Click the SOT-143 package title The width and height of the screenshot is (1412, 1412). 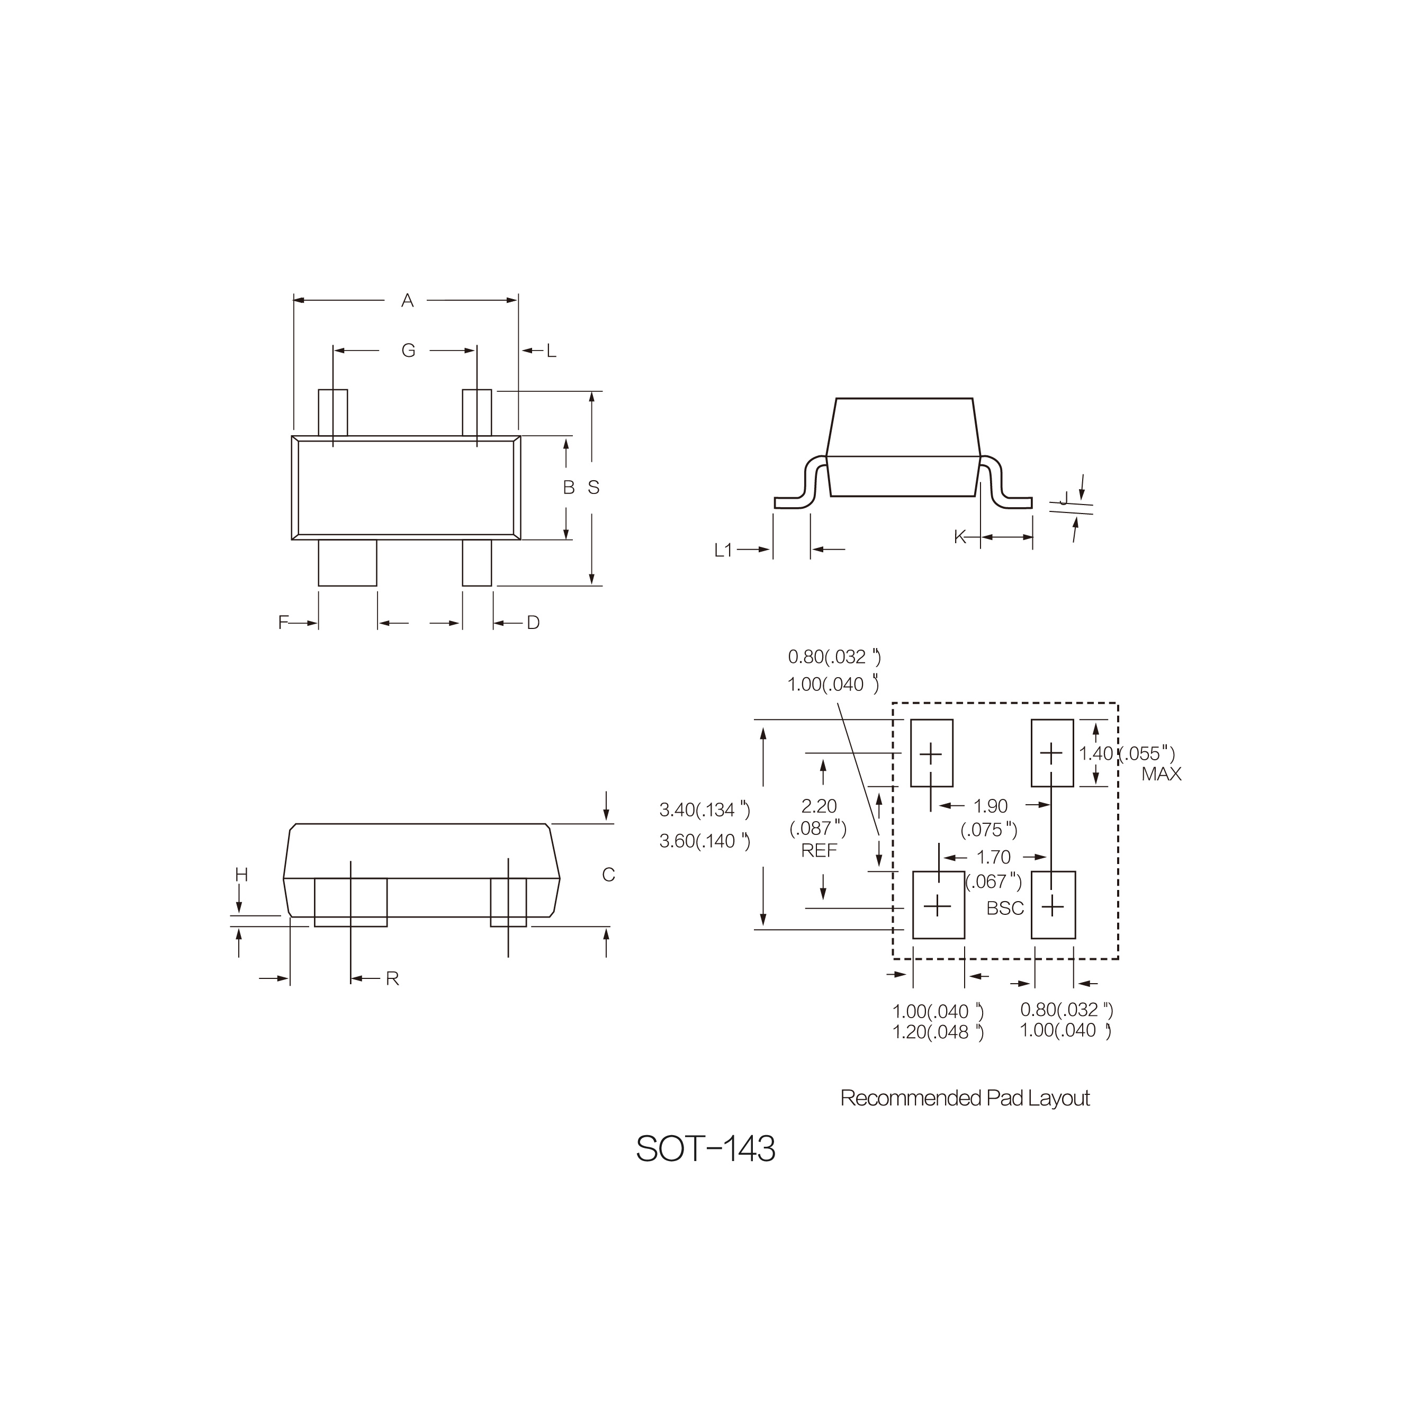pos(705,1149)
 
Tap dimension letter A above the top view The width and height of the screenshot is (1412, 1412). pos(408,300)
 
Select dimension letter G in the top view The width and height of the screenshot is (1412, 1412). pos(409,351)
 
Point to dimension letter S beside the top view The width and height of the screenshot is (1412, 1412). pos(593,488)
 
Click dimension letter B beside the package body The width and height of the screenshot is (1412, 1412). pos(569,488)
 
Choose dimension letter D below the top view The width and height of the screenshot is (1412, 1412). pos(534,623)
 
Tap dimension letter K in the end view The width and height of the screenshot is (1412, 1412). pos(960,537)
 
